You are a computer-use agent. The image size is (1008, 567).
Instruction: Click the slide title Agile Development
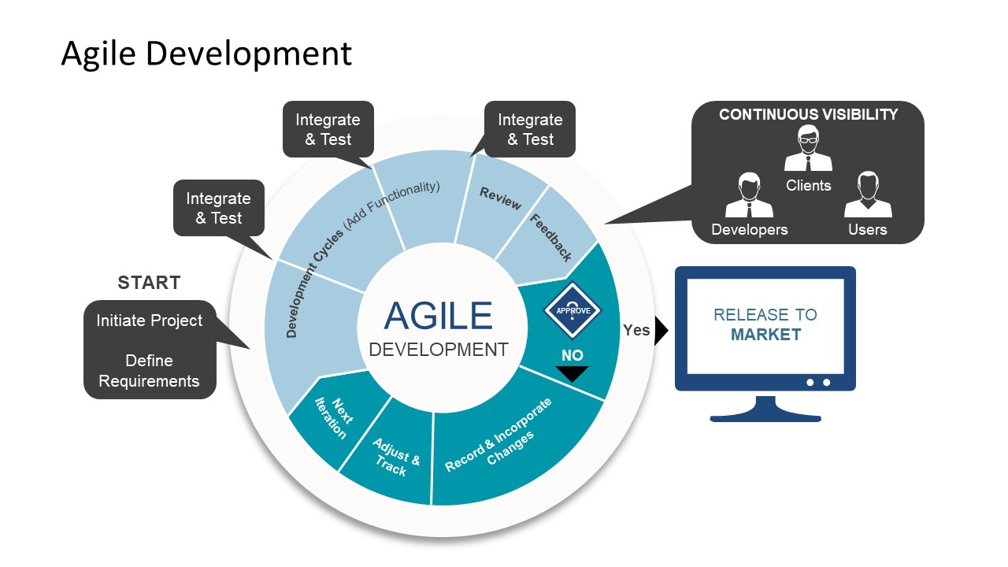206,54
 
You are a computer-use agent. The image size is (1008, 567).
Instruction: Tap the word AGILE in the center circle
438,316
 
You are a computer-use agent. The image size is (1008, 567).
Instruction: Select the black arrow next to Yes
661,331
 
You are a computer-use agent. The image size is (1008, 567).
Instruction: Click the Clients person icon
808,149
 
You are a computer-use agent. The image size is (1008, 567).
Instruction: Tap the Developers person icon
749,195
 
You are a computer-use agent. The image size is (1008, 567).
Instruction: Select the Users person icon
868,195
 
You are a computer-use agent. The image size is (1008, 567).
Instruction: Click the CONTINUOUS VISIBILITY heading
808,114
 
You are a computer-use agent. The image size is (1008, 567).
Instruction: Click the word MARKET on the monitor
765,335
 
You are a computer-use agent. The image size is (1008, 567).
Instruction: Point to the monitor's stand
765,409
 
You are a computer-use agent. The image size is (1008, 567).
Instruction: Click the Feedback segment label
551,237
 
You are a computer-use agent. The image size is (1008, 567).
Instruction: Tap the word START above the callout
149,283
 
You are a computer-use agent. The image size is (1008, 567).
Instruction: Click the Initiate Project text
150,321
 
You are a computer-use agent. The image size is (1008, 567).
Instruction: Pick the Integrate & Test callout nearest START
218,208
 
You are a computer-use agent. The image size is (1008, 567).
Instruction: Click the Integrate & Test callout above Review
530,129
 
